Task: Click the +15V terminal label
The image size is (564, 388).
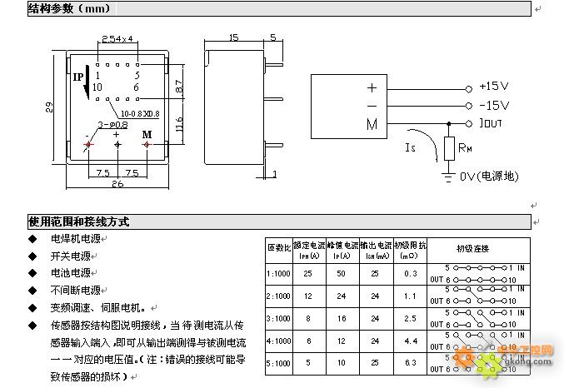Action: pos(494,87)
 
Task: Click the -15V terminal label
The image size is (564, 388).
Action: pos(494,106)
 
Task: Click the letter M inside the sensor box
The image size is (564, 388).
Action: pos(371,124)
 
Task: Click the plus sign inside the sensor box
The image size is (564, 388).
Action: pos(371,87)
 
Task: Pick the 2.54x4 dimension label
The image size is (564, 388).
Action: pos(117,38)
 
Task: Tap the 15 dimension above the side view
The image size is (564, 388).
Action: pos(233,37)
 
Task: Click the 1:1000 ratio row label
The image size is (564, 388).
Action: pos(278,273)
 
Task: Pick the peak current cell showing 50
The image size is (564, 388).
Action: pos(340,273)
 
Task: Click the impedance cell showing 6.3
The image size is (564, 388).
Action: pos(409,363)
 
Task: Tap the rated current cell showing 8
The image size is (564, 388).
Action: pos(308,318)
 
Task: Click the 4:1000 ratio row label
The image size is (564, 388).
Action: pos(278,341)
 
